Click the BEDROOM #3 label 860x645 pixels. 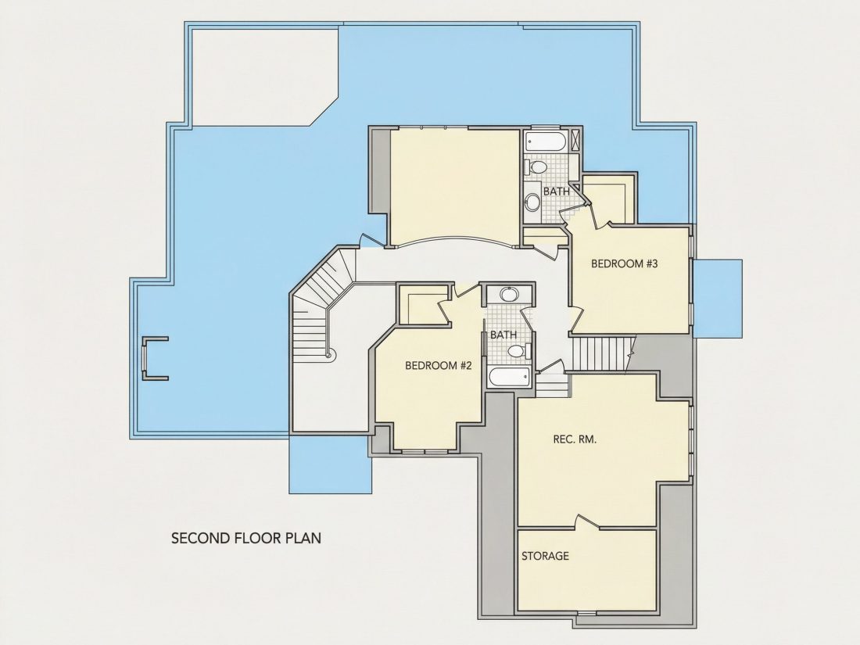pos(624,263)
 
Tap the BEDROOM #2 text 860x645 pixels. pos(439,365)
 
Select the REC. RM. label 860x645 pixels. pos(575,439)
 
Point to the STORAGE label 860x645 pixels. pos(545,556)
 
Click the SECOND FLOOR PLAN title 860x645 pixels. pos(246,538)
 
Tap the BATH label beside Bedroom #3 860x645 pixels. pos(557,192)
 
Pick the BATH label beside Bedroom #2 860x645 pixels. pos(503,335)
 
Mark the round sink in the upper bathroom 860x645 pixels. pos(532,202)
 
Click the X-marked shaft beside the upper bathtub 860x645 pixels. pos(575,140)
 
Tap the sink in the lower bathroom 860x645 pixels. pos(508,295)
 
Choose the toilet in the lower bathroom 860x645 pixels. pos(519,350)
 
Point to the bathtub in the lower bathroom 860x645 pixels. pos(510,378)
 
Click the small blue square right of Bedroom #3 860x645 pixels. pos(718,299)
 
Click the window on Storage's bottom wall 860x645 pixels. pos(586,612)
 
